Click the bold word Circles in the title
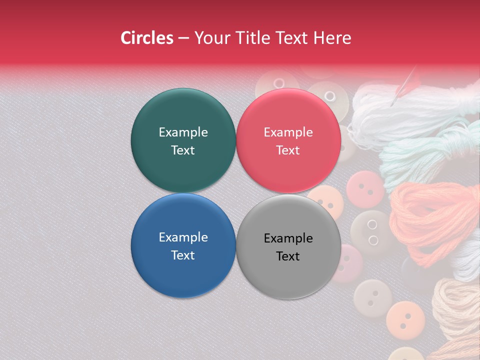(x=147, y=38)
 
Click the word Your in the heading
(x=212, y=38)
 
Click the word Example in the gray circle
(x=288, y=238)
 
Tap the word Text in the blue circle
(x=183, y=255)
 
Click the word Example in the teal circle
(x=183, y=132)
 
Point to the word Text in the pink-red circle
(x=288, y=150)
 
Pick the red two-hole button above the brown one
(x=365, y=189)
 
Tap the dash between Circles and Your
(x=183, y=38)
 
